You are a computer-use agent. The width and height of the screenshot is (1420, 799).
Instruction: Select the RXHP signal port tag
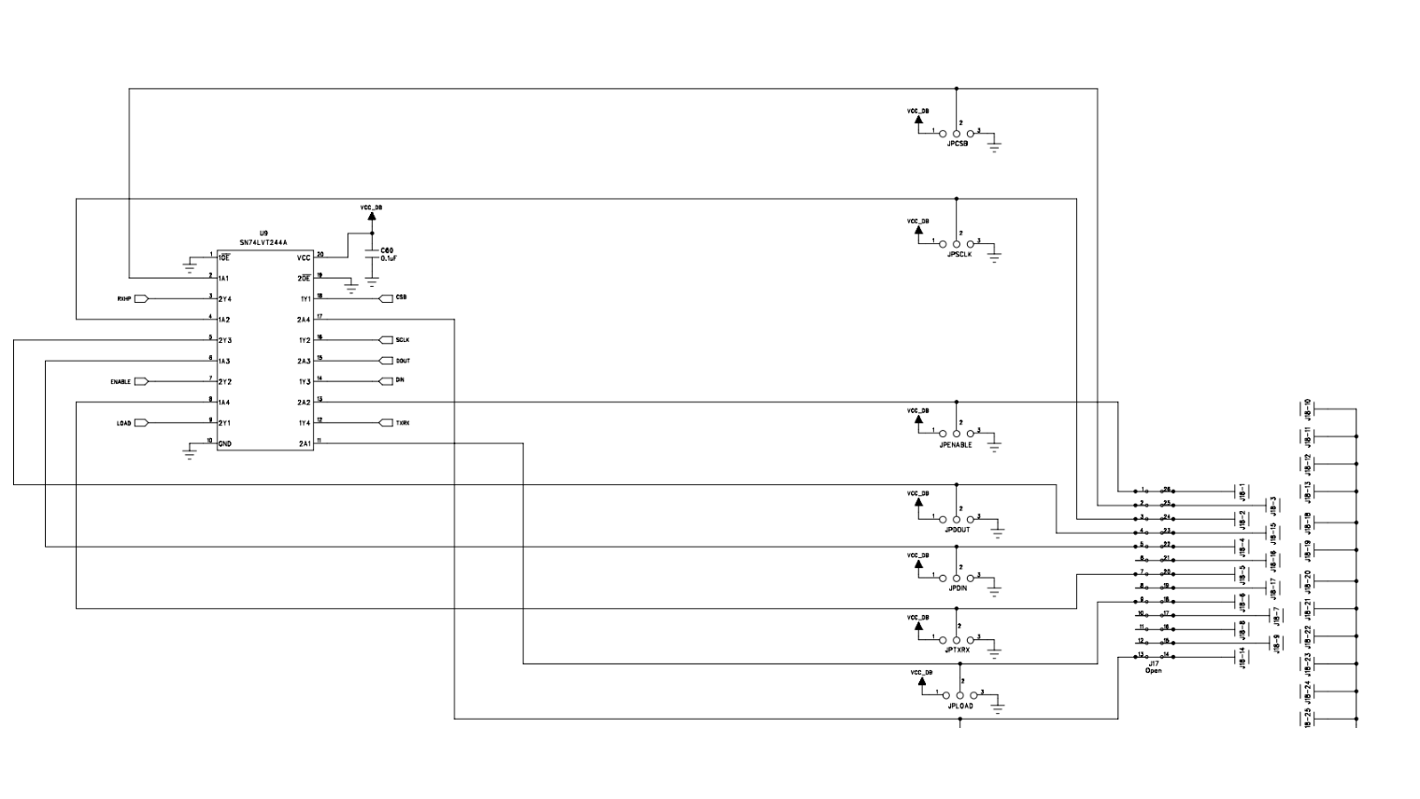click(x=123, y=299)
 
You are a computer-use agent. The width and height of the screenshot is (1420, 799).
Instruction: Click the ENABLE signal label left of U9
click(x=121, y=381)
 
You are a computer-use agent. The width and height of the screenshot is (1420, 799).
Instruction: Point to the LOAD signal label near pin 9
click(x=123, y=423)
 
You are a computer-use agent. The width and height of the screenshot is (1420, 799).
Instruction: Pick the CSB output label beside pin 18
click(x=401, y=297)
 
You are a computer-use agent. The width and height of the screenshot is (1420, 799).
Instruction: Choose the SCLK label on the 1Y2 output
click(x=402, y=340)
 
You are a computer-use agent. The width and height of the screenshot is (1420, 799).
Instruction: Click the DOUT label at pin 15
click(x=403, y=361)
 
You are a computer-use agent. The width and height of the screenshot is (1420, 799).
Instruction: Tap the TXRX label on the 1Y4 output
click(x=403, y=423)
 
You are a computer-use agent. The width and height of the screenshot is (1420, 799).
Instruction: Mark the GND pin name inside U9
click(x=225, y=444)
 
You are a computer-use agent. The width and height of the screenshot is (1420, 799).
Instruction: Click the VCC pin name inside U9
click(x=304, y=258)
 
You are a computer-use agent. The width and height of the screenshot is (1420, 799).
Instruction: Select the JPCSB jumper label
click(x=958, y=144)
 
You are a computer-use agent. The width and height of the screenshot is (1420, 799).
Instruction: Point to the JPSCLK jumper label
click(x=959, y=254)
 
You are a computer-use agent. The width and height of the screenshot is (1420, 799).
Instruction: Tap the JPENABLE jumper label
click(x=956, y=445)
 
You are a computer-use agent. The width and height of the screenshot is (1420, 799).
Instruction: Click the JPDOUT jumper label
click(x=958, y=530)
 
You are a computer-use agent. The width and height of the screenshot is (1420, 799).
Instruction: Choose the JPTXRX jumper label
click(x=958, y=649)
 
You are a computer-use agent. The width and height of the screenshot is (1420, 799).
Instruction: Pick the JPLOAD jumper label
click(x=960, y=706)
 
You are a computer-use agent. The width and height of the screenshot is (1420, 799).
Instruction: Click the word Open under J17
click(x=1154, y=670)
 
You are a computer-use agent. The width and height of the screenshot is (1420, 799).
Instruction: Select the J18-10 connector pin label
click(x=1307, y=408)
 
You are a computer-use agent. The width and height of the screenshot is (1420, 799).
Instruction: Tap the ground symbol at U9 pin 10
click(x=190, y=455)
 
